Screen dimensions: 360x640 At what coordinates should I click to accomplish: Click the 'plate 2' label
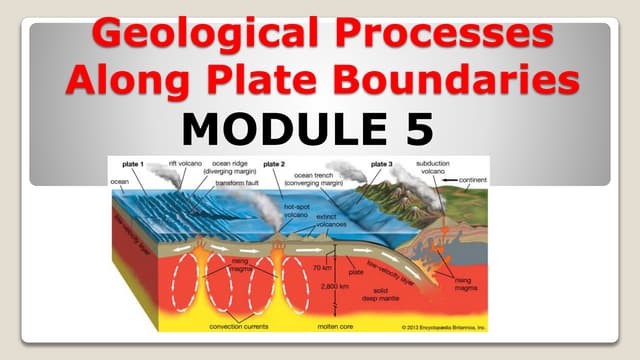[x=274, y=164]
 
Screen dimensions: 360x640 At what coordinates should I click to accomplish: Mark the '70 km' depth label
[x=323, y=268]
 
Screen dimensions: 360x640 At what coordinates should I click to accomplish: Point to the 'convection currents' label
[x=238, y=326]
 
